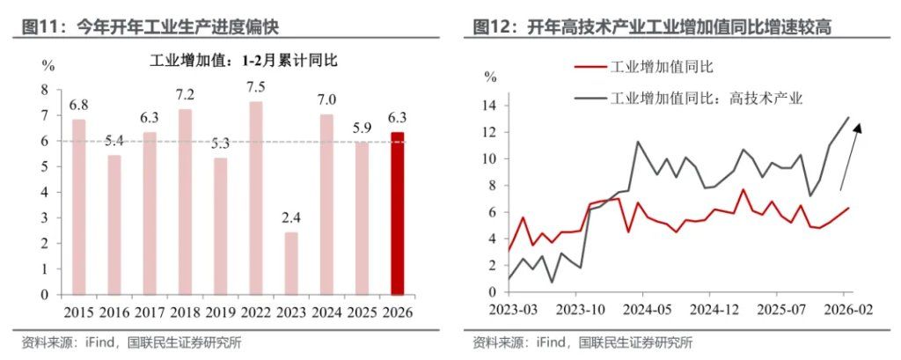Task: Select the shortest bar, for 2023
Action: point(291,263)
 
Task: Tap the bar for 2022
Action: point(256,198)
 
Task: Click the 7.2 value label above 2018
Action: point(185,94)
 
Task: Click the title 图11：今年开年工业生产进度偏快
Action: point(150,26)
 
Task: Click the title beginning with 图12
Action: point(652,26)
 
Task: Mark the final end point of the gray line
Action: point(848,117)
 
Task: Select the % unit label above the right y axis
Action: point(493,76)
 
